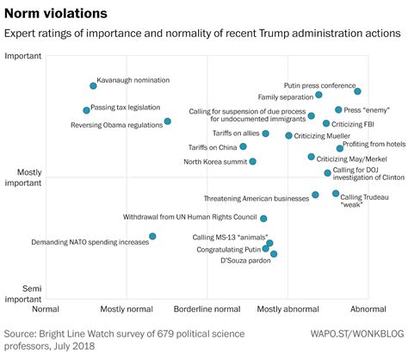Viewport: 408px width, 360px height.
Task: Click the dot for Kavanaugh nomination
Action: pos(93,86)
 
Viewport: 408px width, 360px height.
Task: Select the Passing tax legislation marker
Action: pos(86,110)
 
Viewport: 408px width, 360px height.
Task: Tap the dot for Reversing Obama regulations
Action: pos(168,121)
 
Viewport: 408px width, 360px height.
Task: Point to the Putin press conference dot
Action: pos(357,91)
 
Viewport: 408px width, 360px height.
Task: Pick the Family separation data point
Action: pos(318,95)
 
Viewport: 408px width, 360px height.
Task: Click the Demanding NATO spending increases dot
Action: pos(152,236)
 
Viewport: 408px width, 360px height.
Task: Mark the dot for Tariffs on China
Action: pos(243,146)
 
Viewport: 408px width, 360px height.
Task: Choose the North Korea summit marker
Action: pos(252,161)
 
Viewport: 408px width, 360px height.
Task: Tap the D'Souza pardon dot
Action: pos(274,254)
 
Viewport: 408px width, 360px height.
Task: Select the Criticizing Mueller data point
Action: pos(288,136)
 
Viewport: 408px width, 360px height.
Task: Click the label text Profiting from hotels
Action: pos(374,144)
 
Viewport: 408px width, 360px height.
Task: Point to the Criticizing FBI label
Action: pos(353,124)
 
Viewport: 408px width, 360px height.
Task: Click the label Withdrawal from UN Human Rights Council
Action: pos(190,217)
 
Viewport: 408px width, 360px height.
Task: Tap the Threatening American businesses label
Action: pos(257,199)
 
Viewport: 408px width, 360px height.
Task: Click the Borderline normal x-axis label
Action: pos(207,309)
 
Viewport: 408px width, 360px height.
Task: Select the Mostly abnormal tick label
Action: pos(288,309)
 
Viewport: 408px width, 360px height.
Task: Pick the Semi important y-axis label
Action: pos(23,294)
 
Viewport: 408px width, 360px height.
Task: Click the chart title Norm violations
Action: pos(56,14)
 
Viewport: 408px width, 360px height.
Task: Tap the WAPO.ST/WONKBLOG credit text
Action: pos(357,333)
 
